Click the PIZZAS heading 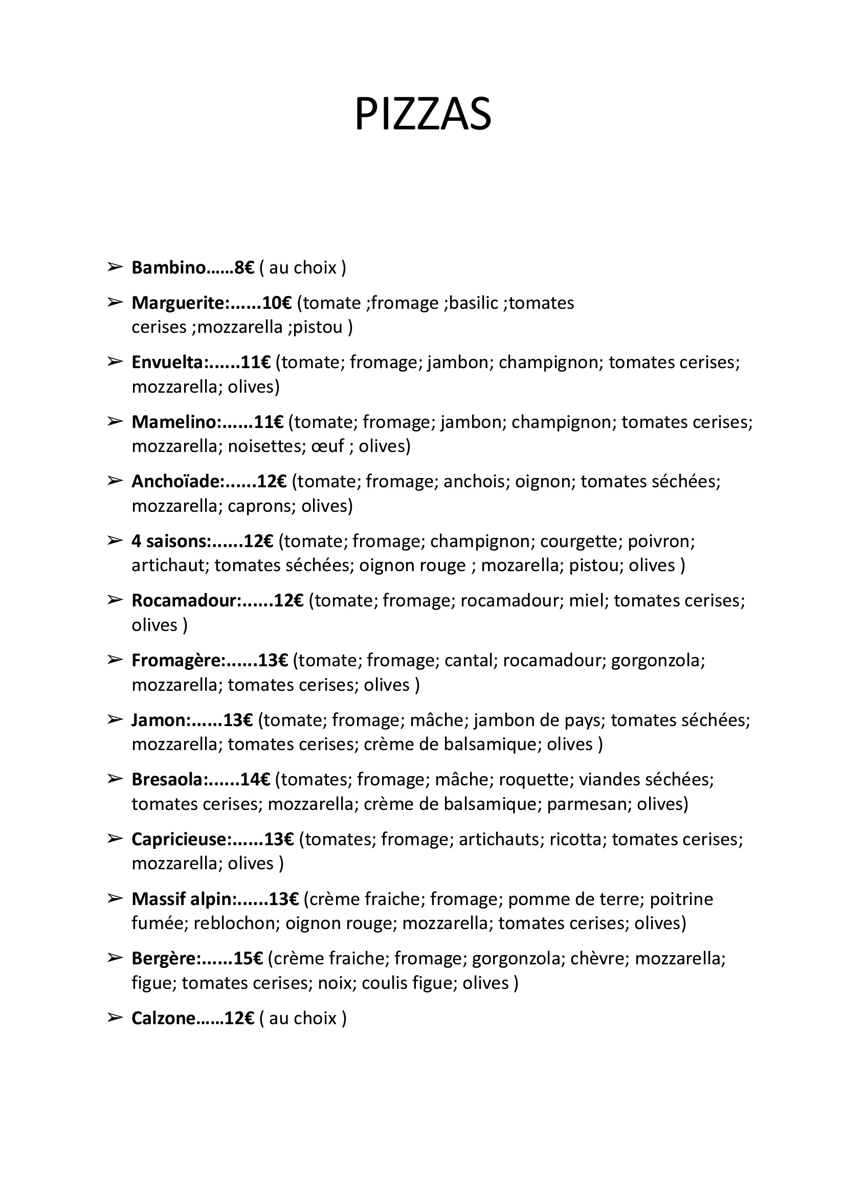pos(422,115)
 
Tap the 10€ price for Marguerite pos(277,303)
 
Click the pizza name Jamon pos(160,720)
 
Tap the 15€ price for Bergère pos(248,959)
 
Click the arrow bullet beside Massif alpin pos(114,898)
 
